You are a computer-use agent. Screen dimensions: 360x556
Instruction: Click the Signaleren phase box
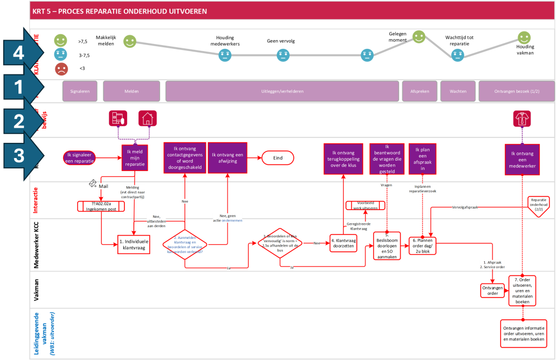pyautogui.click(x=80, y=91)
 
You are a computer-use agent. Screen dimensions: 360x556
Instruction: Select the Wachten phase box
pyautogui.click(x=458, y=91)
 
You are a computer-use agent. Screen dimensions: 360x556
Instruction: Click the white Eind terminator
pyautogui.click(x=278, y=157)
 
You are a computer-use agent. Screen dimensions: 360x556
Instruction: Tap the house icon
pyautogui.click(x=147, y=118)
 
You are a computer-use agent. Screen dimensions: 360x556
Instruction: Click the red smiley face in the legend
pyautogui.click(x=61, y=69)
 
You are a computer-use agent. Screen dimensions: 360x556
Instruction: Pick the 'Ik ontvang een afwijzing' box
pyautogui.click(x=227, y=157)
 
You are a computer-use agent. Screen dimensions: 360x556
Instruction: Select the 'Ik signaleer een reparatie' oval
pyautogui.click(x=80, y=158)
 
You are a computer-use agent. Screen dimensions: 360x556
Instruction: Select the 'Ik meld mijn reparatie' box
pyautogui.click(x=135, y=158)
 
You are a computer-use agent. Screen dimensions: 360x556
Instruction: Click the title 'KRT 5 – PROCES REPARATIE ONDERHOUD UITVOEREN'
pyautogui.click(x=119, y=11)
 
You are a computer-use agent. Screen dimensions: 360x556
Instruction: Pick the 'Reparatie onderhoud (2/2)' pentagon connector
pyautogui.click(x=539, y=205)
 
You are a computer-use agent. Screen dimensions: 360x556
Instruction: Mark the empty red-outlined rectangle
pyautogui.click(x=134, y=244)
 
